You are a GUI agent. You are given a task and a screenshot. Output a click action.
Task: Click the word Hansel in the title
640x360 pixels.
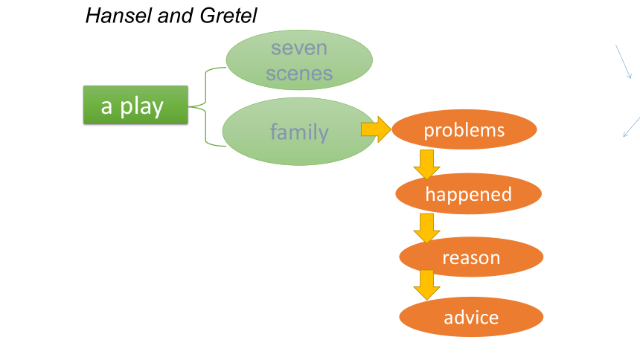[119, 16]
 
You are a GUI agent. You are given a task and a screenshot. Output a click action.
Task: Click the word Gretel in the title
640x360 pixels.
[228, 16]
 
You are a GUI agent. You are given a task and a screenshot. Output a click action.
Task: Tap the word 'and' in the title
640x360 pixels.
[176, 16]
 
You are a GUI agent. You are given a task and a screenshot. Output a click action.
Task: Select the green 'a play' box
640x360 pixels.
[135, 105]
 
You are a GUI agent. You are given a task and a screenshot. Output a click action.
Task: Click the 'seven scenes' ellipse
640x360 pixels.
[299, 60]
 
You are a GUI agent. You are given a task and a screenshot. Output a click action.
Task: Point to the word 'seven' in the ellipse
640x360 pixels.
[299, 48]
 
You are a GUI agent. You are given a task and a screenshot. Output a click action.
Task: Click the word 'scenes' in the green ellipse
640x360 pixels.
[299, 74]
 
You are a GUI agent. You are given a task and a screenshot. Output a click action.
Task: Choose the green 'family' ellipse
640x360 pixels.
[299, 132]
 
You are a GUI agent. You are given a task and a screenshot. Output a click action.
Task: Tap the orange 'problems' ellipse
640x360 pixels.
[464, 129]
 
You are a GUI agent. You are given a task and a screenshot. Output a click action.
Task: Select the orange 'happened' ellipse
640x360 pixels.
[469, 193]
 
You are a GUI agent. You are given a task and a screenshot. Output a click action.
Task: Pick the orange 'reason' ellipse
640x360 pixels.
[471, 257]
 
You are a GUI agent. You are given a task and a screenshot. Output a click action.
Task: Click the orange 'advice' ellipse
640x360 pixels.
[471, 317]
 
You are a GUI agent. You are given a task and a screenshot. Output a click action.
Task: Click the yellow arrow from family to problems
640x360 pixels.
[376, 129]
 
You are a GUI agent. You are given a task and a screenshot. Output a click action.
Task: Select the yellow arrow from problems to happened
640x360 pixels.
[426, 164]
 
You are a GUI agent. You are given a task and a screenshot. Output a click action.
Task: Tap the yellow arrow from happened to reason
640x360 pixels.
[426, 228]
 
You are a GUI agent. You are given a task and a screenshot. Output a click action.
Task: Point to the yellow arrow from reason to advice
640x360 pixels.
[426, 285]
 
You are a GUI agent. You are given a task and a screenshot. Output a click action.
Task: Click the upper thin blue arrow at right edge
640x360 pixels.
[624, 62]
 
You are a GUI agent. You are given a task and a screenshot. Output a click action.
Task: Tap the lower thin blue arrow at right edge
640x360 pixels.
[632, 127]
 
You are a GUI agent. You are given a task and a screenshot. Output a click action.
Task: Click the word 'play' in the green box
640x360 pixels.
[141, 107]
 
